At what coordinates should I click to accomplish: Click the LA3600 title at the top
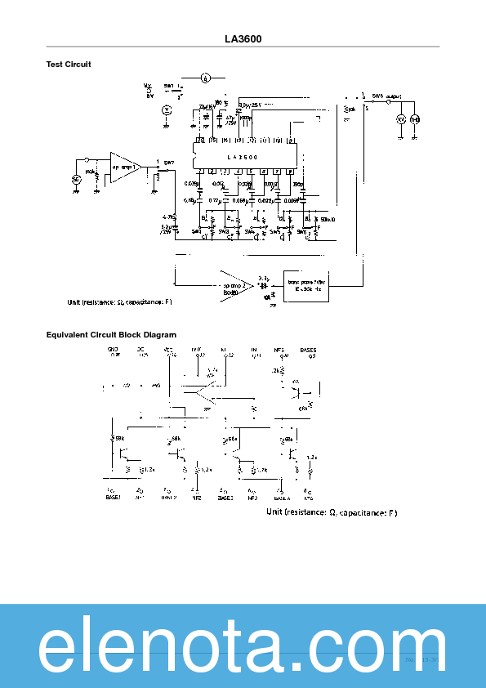(x=243, y=38)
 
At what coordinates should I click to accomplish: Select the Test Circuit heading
(x=69, y=64)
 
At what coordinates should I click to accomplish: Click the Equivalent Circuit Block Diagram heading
(x=111, y=334)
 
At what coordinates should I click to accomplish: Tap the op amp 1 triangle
(x=124, y=166)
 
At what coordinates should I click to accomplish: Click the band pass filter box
(x=308, y=286)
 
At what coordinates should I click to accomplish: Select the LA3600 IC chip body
(x=243, y=157)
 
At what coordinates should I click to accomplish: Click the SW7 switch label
(x=169, y=163)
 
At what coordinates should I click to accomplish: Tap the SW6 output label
(x=386, y=96)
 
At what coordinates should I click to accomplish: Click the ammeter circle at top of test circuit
(x=206, y=78)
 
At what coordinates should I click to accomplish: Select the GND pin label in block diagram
(x=113, y=350)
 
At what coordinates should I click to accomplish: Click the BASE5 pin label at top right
(x=308, y=350)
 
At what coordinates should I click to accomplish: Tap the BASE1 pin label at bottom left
(x=113, y=497)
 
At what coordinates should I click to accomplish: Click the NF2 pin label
(x=196, y=497)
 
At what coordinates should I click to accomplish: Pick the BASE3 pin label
(x=225, y=497)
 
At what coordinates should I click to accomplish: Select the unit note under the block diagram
(x=331, y=512)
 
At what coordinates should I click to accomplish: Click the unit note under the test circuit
(x=119, y=302)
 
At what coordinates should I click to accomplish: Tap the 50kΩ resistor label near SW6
(x=328, y=220)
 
